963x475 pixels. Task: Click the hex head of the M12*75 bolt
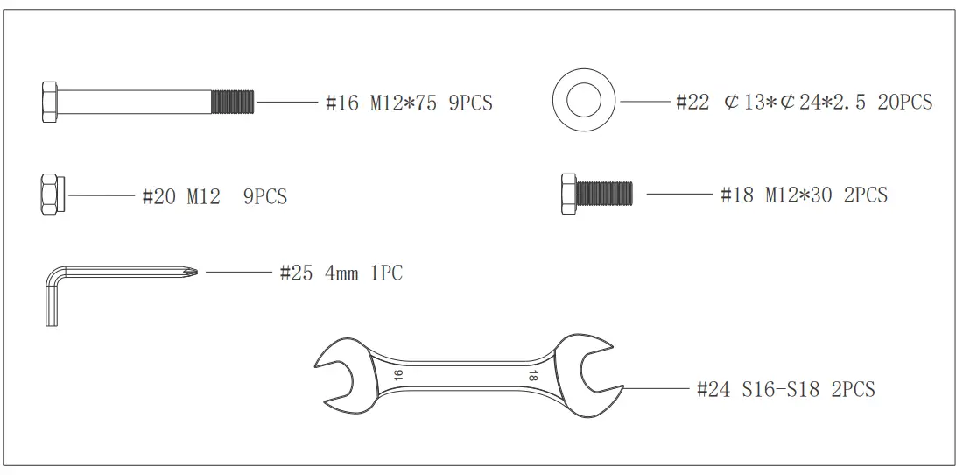tap(50, 102)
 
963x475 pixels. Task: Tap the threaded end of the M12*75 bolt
tap(233, 102)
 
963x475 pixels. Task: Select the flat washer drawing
tap(583, 102)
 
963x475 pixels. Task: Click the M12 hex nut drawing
tap(51, 195)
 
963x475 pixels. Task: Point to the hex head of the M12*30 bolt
tap(566, 192)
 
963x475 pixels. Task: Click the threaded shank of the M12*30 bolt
tap(604, 192)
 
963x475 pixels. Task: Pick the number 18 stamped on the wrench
tap(531, 375)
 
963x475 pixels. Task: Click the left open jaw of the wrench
tap(337, 376)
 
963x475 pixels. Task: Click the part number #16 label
tap(342, 103)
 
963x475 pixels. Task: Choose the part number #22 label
tap(692, 103)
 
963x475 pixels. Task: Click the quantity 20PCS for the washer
tap(904, 103)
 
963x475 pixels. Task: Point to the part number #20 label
tap(159, 196)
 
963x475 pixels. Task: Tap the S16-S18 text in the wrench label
tap(780, 389)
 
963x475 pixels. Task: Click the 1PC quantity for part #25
tap(385, 273)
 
